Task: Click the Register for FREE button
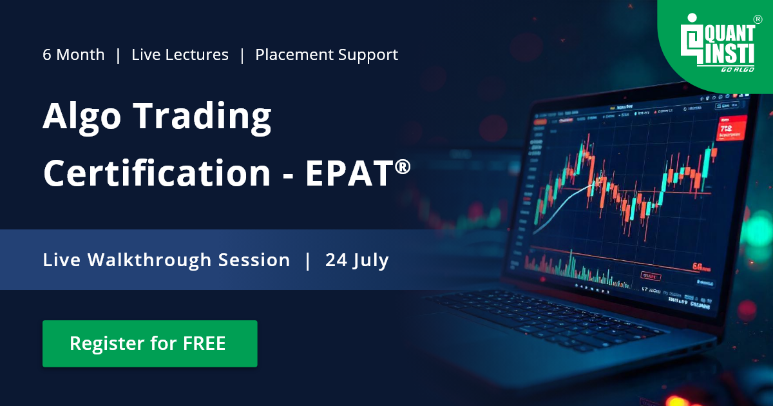point(149,343)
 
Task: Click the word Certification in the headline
point(157,173)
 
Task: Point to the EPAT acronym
point(347,173)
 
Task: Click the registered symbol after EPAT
point(403,167)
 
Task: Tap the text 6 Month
point(73,55)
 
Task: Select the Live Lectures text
point(180,55)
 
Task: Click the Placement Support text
point(327,55)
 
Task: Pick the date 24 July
point(357,260)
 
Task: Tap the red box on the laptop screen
point(731,127)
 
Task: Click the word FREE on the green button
point(204,343)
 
